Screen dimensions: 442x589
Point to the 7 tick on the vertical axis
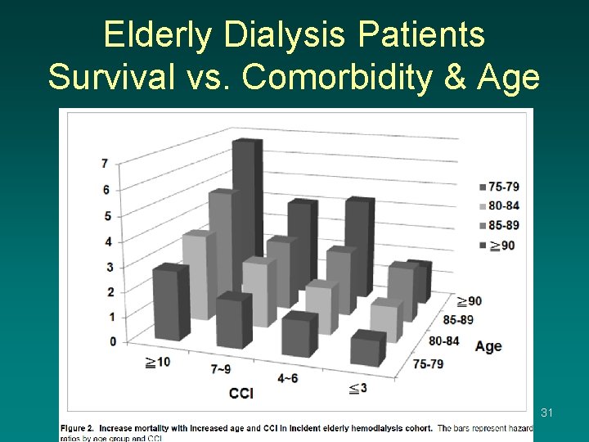click(x=105, y=164)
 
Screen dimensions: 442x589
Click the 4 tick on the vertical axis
click(x=105, y=241)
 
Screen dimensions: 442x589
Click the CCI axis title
click(x=241, y=394)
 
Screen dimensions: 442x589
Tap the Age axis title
click(x=488, y=346)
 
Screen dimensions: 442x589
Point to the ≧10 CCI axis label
click(x=157, y=362)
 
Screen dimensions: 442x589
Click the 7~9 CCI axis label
click(x=221, y=369)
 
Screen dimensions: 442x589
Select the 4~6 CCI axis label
click(x=288, y=378)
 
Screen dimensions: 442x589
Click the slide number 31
click(x=547, y=413)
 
